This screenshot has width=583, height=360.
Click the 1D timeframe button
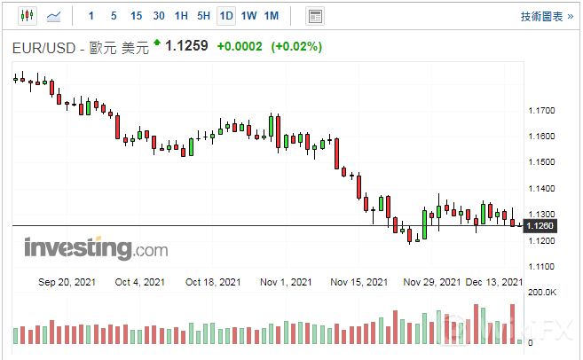point(226,16)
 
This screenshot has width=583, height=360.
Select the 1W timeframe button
point(249,16)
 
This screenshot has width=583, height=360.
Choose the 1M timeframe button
point(272,16)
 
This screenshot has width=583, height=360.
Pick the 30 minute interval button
point(159,16)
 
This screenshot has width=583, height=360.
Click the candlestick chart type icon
point(26,16)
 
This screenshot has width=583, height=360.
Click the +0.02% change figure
point(295,46)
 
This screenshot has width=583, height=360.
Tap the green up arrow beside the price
point(157,42)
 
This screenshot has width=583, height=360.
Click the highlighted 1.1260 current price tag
point(540,227)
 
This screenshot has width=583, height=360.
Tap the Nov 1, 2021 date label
point(287,282)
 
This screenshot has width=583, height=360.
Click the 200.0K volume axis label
point(540,292)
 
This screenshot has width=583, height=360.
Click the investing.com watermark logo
point(95,248)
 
